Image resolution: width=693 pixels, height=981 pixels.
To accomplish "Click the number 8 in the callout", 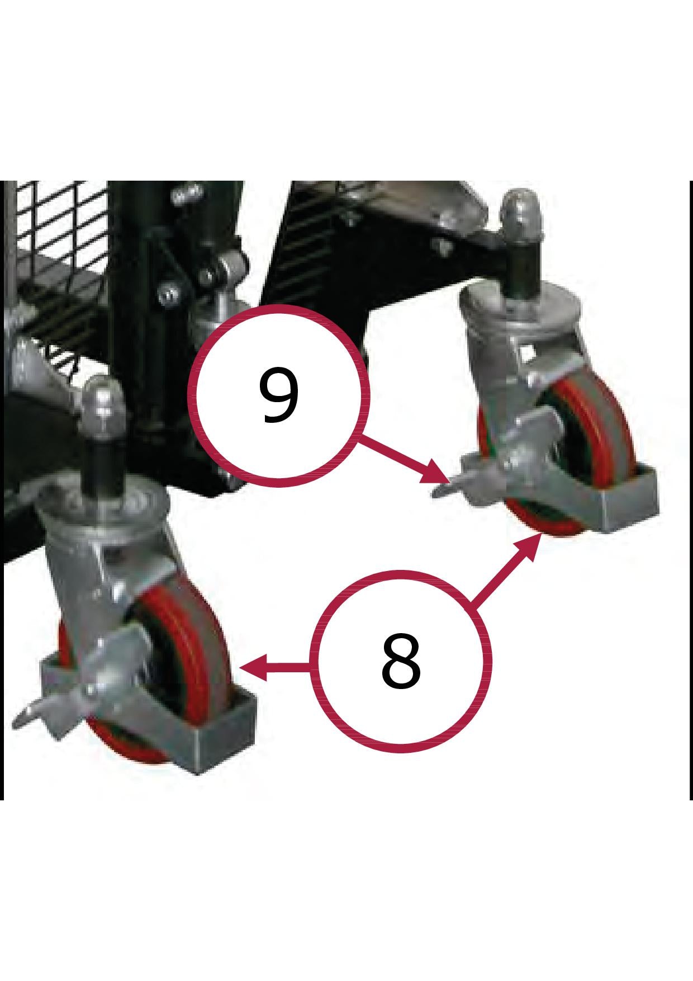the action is click(400, 661).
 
